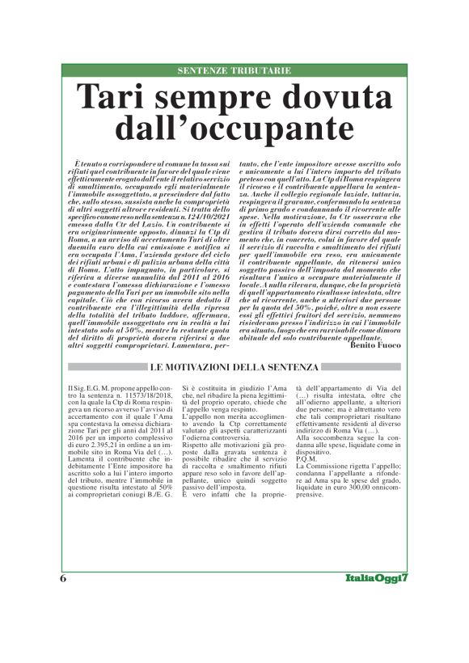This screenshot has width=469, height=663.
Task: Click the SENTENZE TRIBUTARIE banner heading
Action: tap(234, 71)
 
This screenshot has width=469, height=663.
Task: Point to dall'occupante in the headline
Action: tap(234, 129)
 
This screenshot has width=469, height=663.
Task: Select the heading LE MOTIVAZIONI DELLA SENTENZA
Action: tap(234, 368)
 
